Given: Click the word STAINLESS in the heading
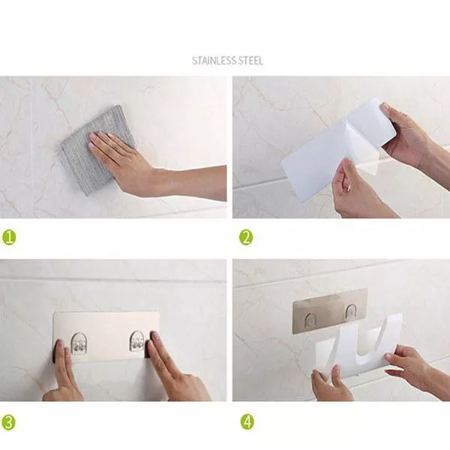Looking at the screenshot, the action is pyautogui.click(x=214, y=61).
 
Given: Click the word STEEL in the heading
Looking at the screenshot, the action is pyautogui.click(x=250, y=61).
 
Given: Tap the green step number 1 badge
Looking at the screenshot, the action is pyautogui.click(x=9, y=238).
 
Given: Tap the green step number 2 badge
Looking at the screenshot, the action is pyautogui.click(x=246, y=238).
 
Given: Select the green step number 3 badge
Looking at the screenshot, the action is pyautogui.click(x=8, y=422).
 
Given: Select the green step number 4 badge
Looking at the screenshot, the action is pyautogui.click(x=247, y=421).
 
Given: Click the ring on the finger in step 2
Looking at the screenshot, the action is pyautogui.click(x=348, y=188).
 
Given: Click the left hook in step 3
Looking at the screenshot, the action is pyautogui.click(x=79, y=343).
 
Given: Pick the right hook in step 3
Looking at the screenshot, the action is pyautogui.click(x=137, y=341).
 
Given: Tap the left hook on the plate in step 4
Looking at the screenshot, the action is pyautogui.click(x=310, y=319).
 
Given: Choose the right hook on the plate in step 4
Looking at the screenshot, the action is pyautogui.click(x=351, y=312).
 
